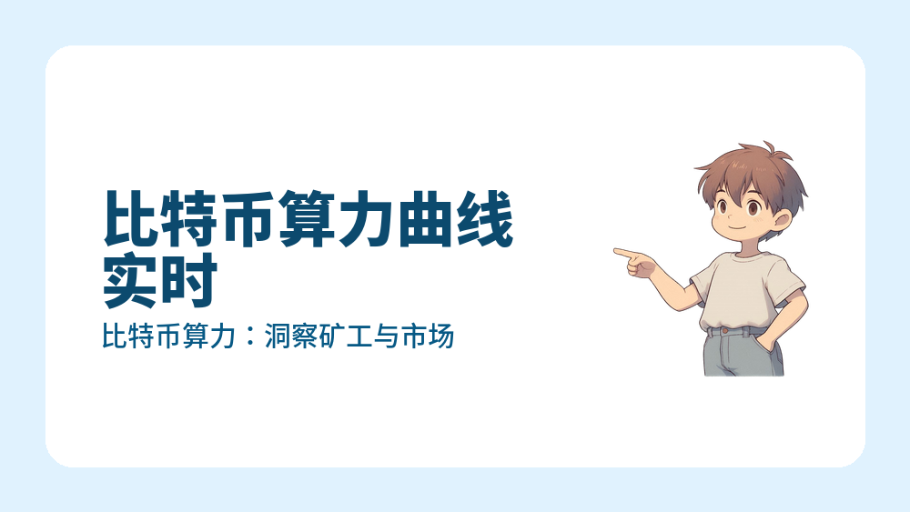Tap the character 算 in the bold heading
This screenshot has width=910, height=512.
click(x=307, y=219)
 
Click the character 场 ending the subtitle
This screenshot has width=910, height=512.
click(x=440, y=338)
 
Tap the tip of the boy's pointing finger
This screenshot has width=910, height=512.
click(x=616, y=251)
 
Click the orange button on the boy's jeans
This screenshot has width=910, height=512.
click(x=724, y=332)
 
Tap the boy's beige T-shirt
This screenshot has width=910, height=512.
click(x=742, y=291)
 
